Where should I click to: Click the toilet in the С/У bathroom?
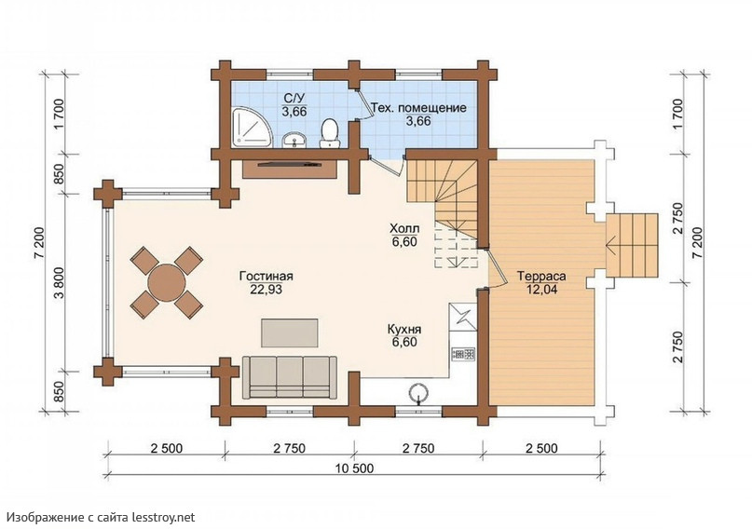click(x=330, y=133)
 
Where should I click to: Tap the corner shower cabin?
click(x=252, y=127)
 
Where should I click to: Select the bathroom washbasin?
click(x=294, y=140)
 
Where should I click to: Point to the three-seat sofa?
click(x=289, y=377)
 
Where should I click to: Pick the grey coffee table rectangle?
click(x=289, y=332)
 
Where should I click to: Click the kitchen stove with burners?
click(x=463, y=355)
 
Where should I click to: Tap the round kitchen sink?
click(x=418, y=392)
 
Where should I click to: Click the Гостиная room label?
click(x=267, y=277)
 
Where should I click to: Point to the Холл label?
click(x=403, y=228)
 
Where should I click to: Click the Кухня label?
click(x=404, y=330)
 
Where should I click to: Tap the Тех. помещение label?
click(x=418, y=108)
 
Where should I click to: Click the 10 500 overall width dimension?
click(x=354, y=468)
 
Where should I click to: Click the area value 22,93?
click(x=267, y=290)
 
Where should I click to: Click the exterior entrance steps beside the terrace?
click(x=632, y=245)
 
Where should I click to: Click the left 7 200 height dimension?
click(x=39, y=243)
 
